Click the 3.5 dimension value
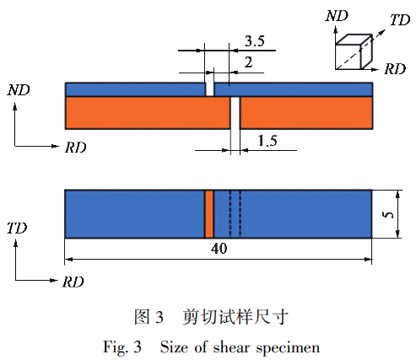(x=254, y=40)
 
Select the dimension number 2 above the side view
(x=247, y=61)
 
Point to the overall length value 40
(x=219, y=250)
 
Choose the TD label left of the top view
(x=18, y=228)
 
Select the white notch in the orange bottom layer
(x=235, y=113)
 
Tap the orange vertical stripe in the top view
(x=208, y=214)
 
